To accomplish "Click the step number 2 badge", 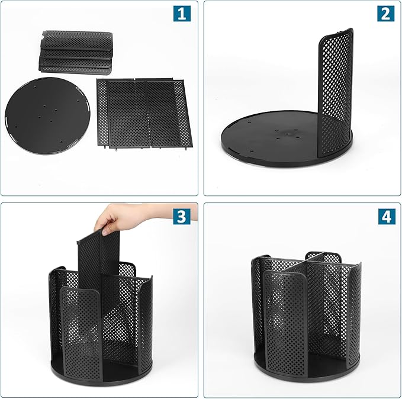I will (x=385, y=13).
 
